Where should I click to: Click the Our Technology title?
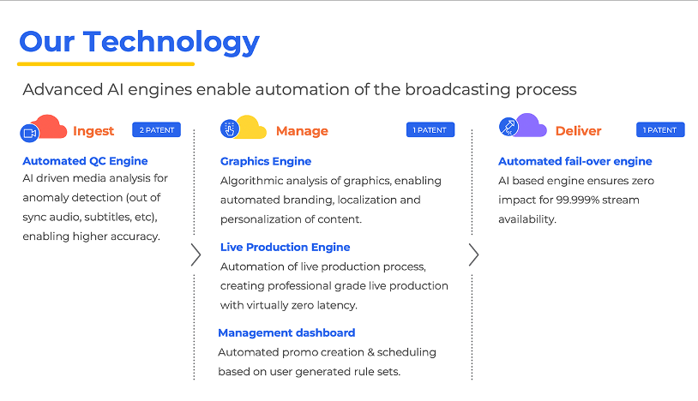click(x=139, y=43)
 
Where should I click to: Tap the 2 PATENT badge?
click(x=156, y=130)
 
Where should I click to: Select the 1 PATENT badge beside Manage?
click(x=430, y=130)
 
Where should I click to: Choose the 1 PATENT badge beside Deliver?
click(x=660, y=130)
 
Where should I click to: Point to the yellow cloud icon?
click(x=250, y=127)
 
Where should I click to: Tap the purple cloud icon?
click(x=529, y=125)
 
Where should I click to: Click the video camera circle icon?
click(x=29, y=133)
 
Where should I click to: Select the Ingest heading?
click(x=93, y=131)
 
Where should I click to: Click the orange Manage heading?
click(x=302, y=131)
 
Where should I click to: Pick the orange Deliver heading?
click(x=578, y=131)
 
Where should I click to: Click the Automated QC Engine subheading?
click(x=85, y=161)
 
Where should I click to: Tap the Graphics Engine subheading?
click(x=266, y=161)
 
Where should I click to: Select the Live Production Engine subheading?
click(x=285, y=247)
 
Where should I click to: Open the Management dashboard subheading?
click(x=286, y=332)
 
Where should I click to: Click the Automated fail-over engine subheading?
click(x=575, y=161)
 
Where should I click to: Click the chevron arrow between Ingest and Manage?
click(x=196, y=254)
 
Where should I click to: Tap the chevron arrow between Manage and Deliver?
click(x=473, y=254)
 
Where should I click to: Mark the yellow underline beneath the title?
click(x=106, y=64)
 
